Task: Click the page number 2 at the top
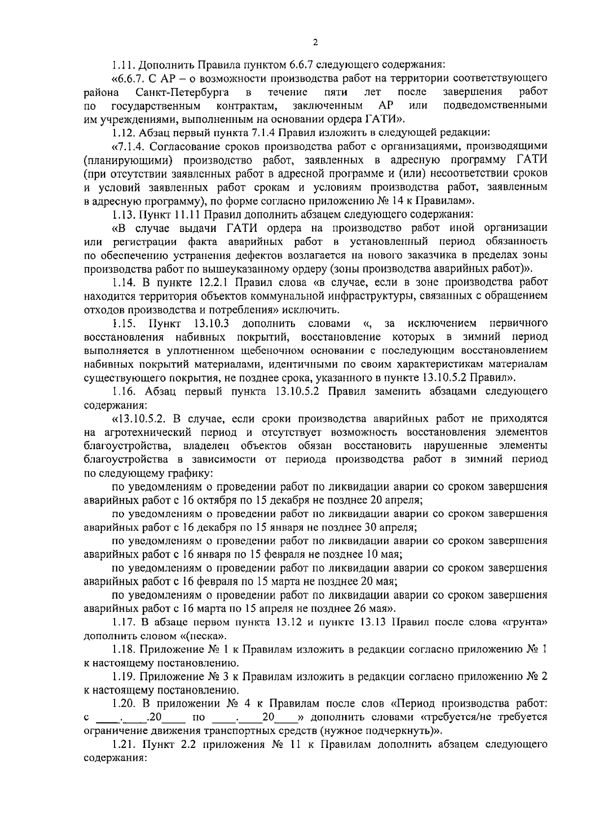coord(316,43)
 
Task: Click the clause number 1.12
coord(123,132)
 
